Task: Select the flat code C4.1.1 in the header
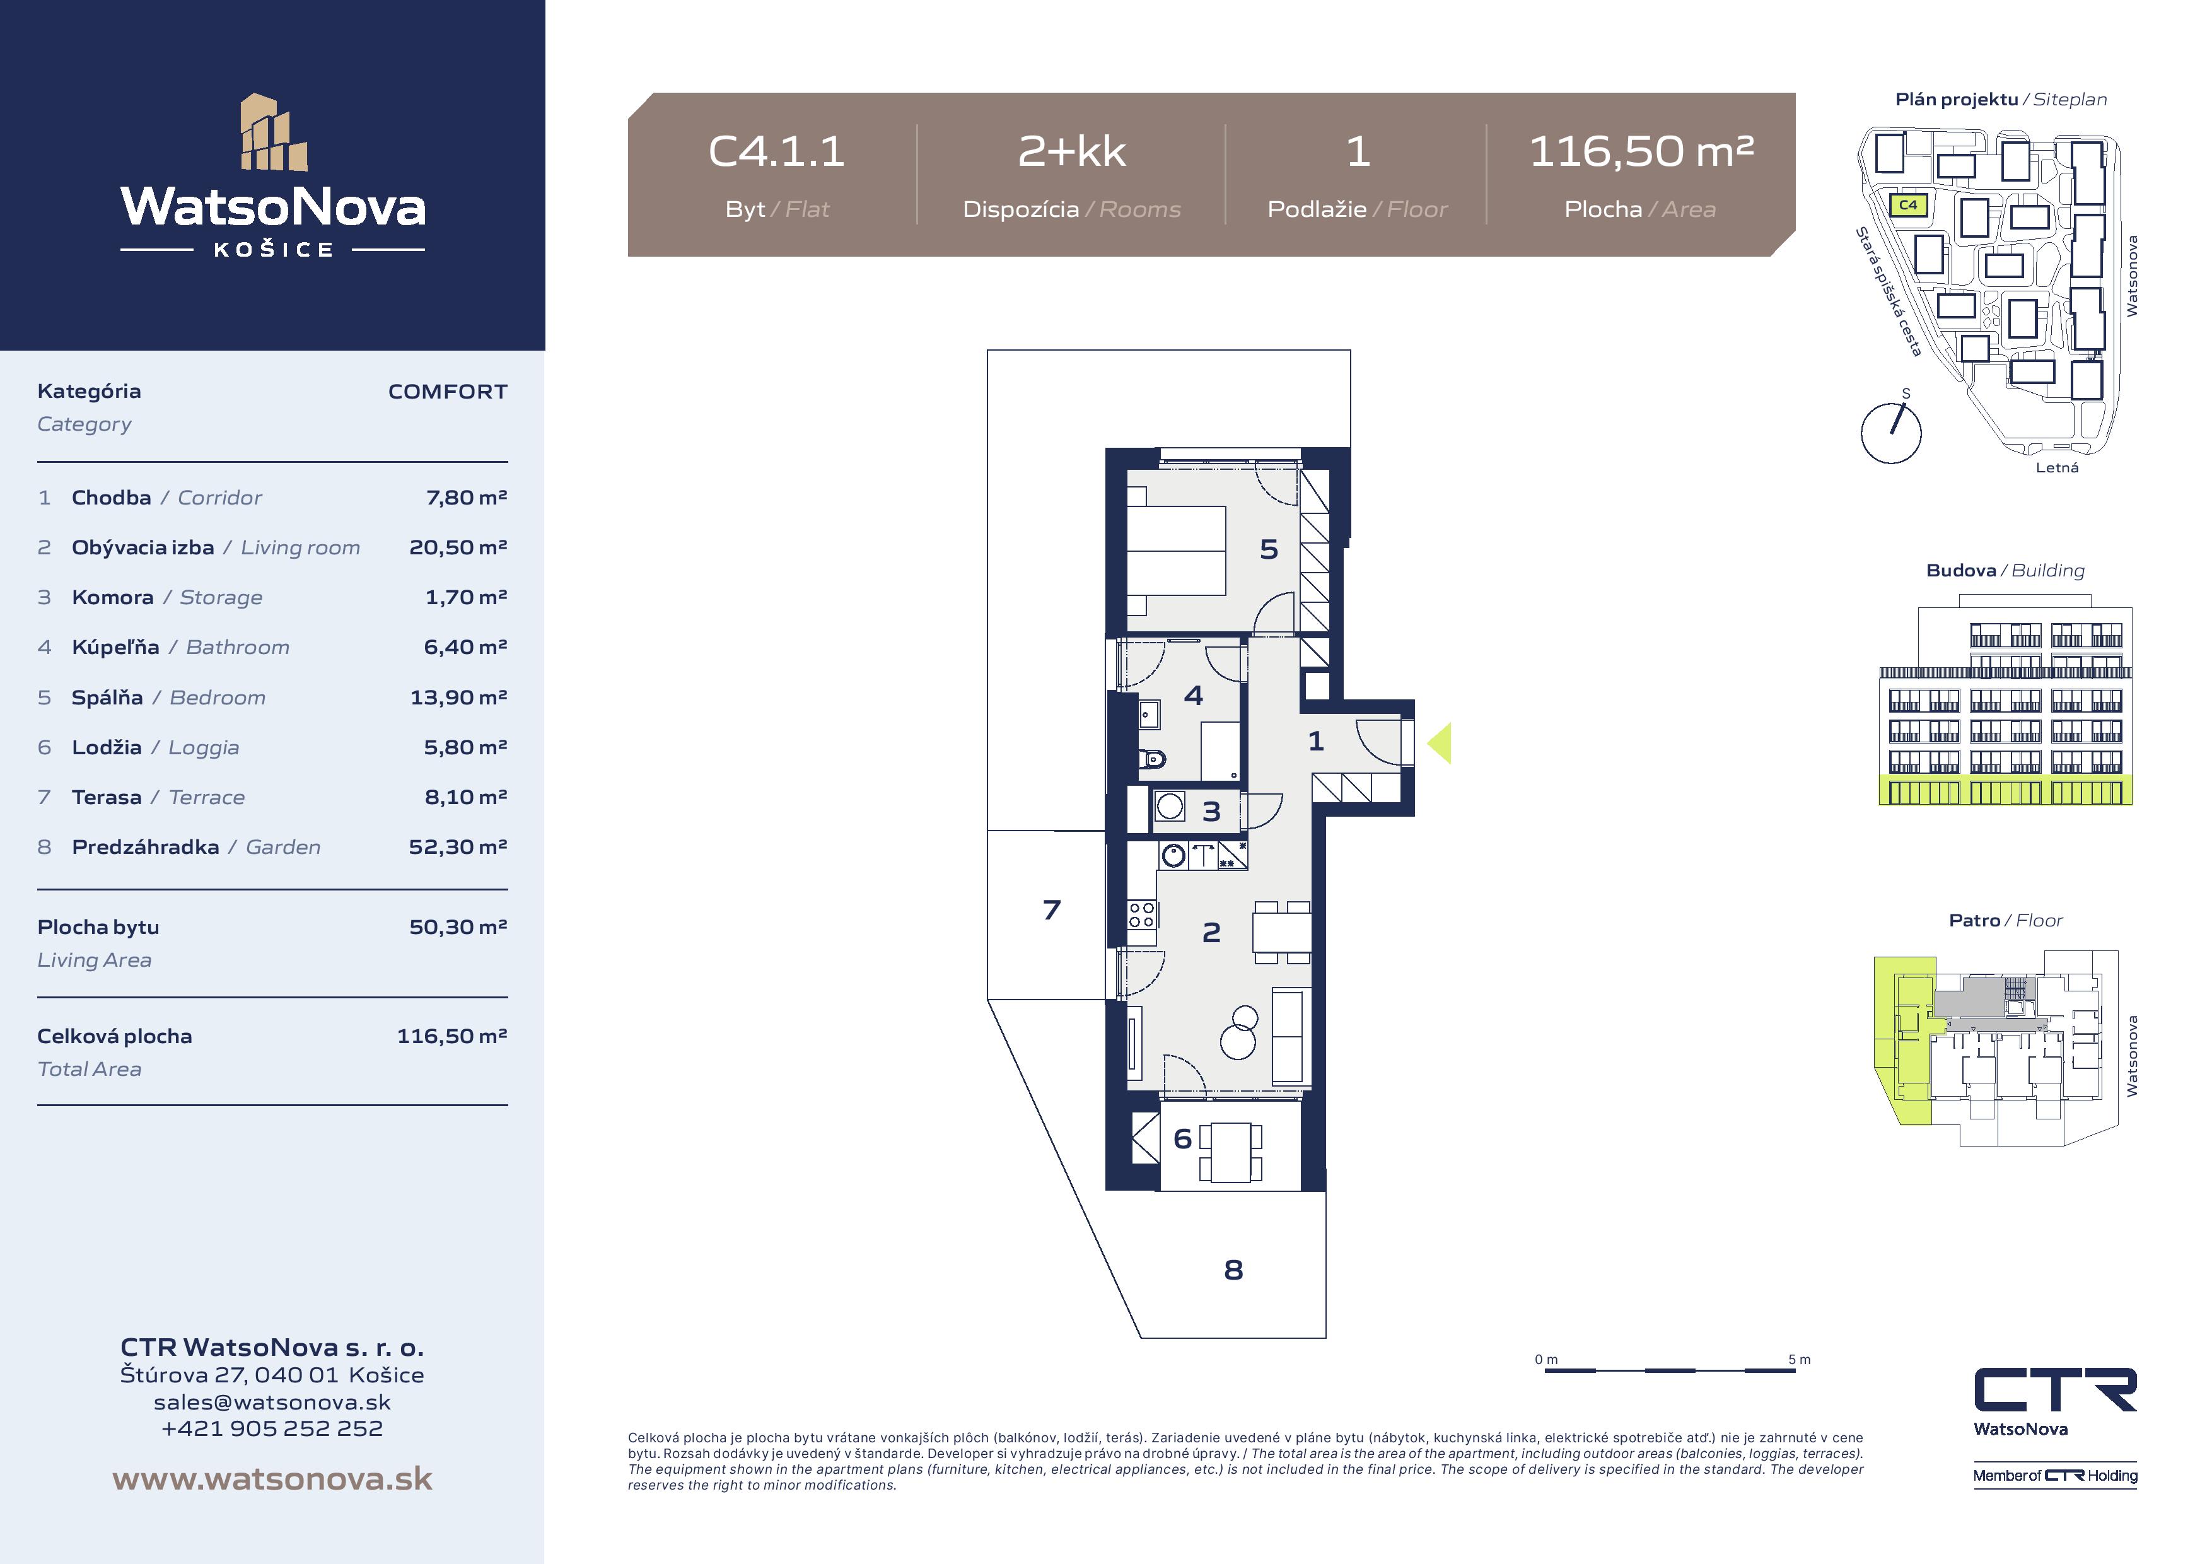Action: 776,151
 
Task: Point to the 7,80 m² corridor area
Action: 466,497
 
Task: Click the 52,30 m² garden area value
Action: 458,847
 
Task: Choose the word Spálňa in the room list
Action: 107,697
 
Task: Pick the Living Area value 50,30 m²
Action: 458,927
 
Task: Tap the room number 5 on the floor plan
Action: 1269,549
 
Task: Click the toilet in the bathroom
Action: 1151,759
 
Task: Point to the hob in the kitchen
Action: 1142,914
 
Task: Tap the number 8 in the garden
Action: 1233,1270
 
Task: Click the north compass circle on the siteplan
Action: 1891,433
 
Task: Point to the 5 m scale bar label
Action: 1799,1360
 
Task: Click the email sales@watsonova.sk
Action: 272,1402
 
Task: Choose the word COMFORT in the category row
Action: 448,391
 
